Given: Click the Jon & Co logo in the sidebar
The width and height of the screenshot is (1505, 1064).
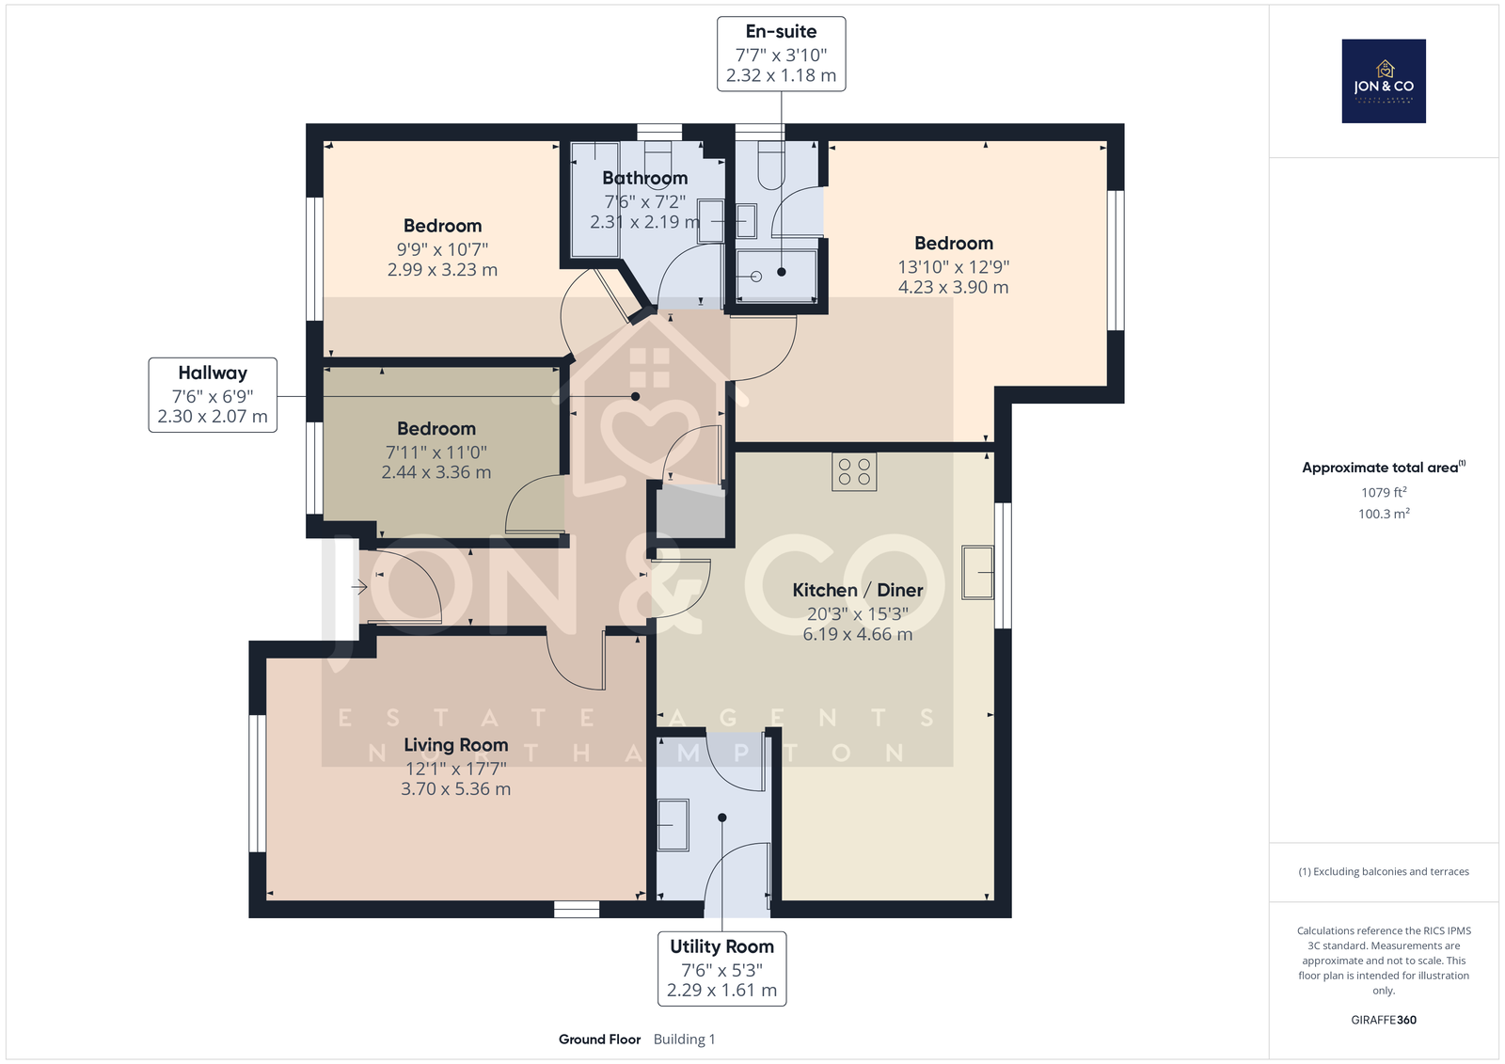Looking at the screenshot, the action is click(1384, 81).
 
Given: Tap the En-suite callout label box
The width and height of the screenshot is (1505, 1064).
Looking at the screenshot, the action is click(781, 54).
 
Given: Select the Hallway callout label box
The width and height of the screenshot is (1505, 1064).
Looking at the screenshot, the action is click(213, 394).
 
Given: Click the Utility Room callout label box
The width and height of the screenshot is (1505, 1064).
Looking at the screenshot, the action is click(721, 969).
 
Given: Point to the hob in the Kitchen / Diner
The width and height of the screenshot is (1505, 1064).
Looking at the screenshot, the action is click(854, 472).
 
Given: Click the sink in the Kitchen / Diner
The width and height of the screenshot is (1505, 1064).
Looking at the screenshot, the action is click(977, 572).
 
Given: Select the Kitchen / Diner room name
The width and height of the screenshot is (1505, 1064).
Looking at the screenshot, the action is click(857, 590).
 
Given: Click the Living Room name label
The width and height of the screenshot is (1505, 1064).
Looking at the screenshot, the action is click(455, 745).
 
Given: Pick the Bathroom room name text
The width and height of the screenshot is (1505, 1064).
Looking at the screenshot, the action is click(645, 178).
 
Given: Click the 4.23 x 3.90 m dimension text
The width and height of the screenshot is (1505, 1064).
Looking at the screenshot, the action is click(954, 287).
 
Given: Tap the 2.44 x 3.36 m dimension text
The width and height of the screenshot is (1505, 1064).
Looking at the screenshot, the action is click(436, 472).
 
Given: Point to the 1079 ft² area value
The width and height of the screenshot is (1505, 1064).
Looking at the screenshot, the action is click(1384, 492).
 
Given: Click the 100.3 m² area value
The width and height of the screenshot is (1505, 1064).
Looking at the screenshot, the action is click(1384, 514).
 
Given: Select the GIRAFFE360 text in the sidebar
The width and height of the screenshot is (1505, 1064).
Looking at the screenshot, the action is click(1384, 1020).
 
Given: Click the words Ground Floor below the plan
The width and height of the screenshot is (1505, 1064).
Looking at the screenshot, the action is click(599, 1040).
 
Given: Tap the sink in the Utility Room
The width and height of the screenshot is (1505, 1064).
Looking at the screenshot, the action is click(673, 825).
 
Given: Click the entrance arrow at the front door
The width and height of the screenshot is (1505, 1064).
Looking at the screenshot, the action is click(359, 587).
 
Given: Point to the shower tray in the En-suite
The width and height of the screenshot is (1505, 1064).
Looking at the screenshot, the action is click(777, 276).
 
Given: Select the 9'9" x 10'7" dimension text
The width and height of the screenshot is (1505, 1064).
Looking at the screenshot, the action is click(442, 249).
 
